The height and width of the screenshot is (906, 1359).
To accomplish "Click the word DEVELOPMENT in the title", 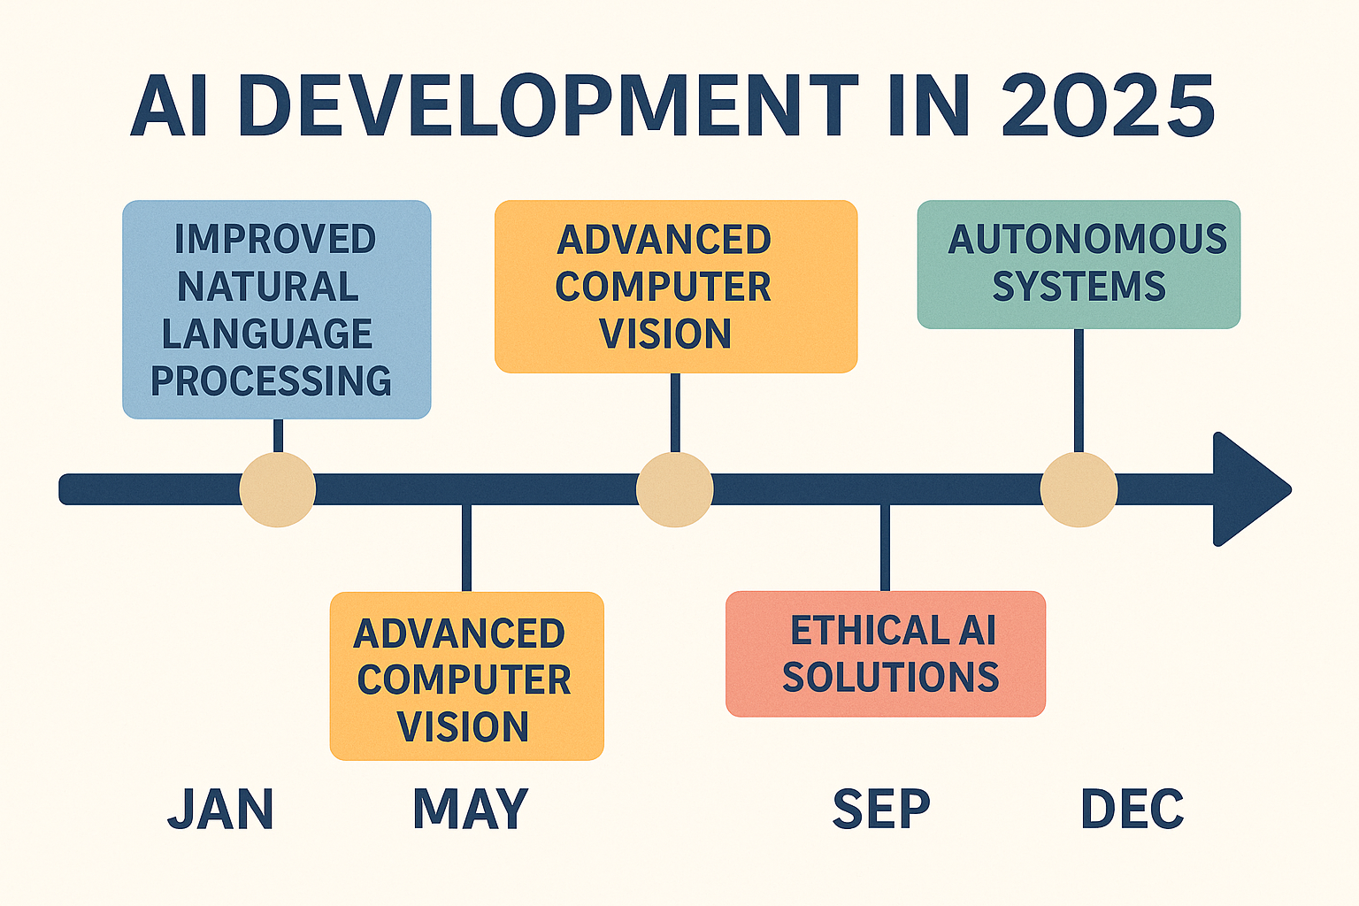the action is click(x=549, y=105).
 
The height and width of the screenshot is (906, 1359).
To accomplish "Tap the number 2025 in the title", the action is click(x=1108, y=105).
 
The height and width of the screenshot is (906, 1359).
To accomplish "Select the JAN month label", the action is click(x=221, y=809).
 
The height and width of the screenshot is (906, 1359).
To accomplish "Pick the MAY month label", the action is click(x=470, y=809).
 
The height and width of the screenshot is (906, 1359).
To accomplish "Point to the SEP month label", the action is click(x=881, y=809).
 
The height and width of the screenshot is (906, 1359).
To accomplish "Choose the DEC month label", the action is click(x=1132, y=809).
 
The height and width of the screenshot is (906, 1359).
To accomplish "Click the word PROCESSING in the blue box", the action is click(x=272, y=380).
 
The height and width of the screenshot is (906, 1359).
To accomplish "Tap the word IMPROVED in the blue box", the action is click(x=275, y=239).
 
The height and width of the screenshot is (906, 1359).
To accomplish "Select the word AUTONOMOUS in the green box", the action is click(x=1087, y=239).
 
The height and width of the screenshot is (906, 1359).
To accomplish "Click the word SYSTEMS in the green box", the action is click(x=1079, y=286).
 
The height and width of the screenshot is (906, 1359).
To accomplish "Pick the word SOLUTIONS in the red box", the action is click(x=891, y=677).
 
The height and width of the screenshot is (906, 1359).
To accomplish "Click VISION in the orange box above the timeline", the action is click(x=665, y=334).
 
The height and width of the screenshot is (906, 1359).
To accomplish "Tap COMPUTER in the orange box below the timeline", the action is click(x=465, y=679).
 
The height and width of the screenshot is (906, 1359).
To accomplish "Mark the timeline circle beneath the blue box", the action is click(x=278, y=489).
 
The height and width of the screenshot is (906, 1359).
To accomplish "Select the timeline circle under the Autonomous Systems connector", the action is click(x=1079, y=489).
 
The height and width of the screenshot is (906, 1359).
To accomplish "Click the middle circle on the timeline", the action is click(x=675, y=489).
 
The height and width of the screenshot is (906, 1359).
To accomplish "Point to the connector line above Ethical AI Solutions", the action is click(x=885, y=548).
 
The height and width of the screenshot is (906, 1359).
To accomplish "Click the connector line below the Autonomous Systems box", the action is click(x=1079, y=391).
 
